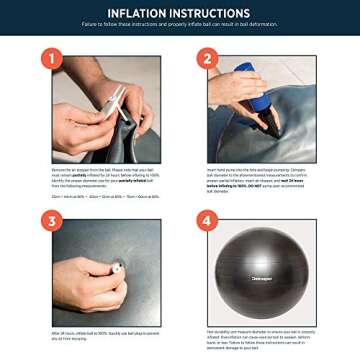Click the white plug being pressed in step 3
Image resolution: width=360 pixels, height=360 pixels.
117,267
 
